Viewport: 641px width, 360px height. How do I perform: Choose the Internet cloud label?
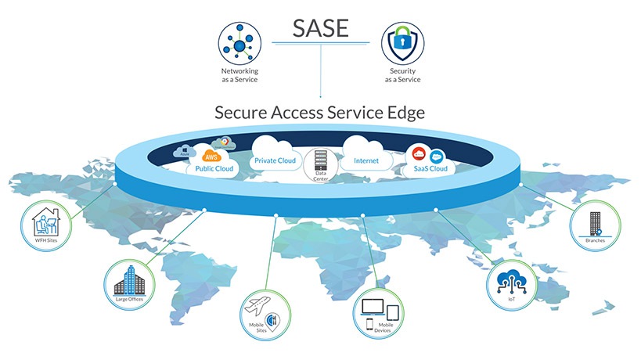click(x=366, y=160)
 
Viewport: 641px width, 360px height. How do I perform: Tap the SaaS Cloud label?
click(x=428, y=168)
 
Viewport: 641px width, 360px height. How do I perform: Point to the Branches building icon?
click(x=593, y=224)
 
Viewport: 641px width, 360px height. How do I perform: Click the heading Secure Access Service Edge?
click(x=319, y=112)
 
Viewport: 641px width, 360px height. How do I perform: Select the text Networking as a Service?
click(x=239, y=75)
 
